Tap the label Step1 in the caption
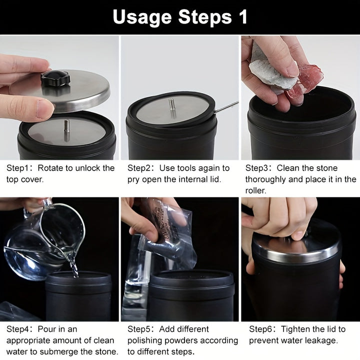[x=17, y=168]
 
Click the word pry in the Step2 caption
[x=133, y=180]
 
